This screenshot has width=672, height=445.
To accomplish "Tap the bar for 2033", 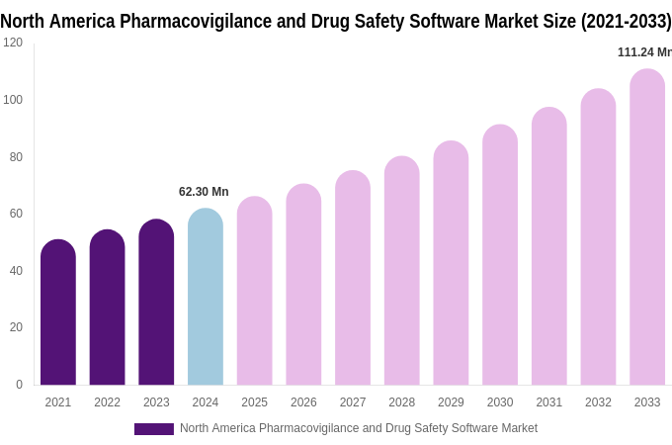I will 647,227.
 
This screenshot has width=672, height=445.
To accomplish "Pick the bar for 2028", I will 402,271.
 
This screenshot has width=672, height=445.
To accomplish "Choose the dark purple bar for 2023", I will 156,303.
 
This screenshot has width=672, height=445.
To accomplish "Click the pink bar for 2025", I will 255,291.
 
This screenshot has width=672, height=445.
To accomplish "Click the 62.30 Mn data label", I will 204,192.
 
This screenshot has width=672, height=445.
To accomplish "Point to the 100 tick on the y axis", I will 13,100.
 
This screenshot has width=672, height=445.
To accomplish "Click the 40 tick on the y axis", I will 17,271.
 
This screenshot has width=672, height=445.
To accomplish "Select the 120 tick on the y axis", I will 13,43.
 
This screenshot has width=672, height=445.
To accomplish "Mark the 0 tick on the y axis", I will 19,385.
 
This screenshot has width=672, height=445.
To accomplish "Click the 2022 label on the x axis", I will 107,402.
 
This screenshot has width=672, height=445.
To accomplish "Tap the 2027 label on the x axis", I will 353,402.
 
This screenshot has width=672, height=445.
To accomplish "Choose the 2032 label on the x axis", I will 598,402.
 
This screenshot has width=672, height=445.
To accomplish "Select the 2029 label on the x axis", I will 451,402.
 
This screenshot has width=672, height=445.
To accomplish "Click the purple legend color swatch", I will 154,429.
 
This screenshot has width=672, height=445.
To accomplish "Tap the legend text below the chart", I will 359,428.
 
